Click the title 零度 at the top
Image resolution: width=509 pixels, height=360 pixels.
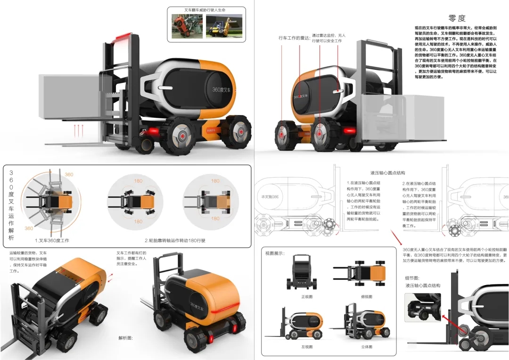pyautogui.click(x=457, y=18)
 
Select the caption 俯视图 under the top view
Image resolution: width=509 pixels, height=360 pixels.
pyautogui.click(x=366, y=297)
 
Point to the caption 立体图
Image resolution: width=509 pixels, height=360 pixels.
pyautogui.click(x=366, y=347)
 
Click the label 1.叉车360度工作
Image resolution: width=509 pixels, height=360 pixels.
pyautogui.click(x=52, y=240)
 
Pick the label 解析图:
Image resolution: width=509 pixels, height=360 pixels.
pyautogui.click(x=125, y=338)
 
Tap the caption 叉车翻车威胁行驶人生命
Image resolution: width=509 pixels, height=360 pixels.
pyautogui.click(x=206, y=10)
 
